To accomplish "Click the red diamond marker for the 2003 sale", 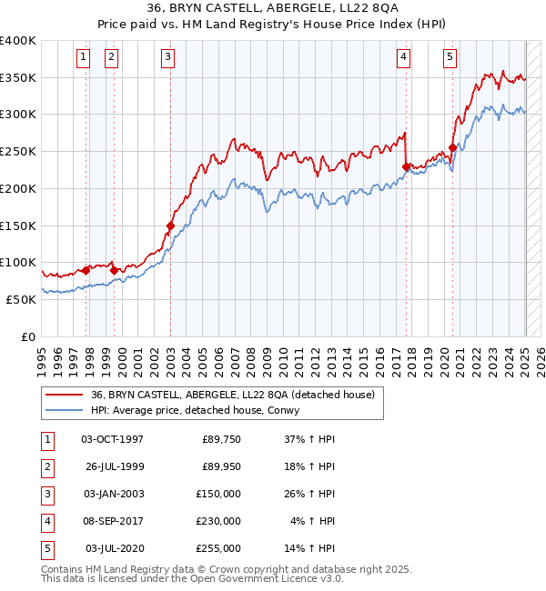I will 170,225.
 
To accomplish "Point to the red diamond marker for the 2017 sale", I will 406,166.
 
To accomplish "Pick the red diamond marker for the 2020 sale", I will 452,148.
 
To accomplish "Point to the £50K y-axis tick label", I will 21,298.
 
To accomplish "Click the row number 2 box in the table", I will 45,466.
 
